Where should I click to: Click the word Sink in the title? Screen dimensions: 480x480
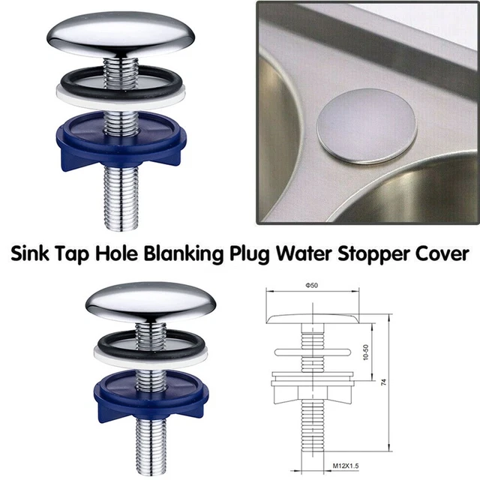[29, 253]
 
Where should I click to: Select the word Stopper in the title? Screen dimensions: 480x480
[372, 255]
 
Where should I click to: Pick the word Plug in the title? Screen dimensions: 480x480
[249, 255]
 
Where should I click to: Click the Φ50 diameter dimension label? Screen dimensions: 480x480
[312, 285]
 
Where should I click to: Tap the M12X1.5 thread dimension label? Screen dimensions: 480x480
[346, 466]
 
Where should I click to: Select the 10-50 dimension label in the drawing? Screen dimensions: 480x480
[366, 352]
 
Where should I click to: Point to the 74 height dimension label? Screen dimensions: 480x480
[384, 382]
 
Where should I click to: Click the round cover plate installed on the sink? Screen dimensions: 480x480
[367, 125]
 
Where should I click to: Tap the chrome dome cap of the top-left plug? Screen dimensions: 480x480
[121, 34]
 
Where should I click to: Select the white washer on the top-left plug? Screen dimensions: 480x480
[121, 96]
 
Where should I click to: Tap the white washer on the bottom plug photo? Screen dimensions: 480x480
[151, 356]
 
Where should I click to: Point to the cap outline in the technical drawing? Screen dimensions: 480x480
[313, 319]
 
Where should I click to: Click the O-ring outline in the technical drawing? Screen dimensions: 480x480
[313, 352]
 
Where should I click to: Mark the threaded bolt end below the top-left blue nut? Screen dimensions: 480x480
[121, 198]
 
